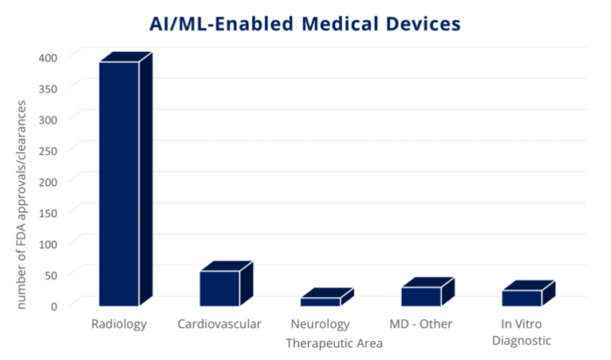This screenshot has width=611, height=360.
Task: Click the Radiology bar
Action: [x=119, y=183]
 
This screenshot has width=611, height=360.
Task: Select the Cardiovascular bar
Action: [x=219, y=288]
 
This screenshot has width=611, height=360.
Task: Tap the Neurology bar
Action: [x=320, y=302]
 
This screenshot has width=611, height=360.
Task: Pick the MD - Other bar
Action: [x=421, y=296]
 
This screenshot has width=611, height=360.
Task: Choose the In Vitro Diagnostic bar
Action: [x=522, y=298]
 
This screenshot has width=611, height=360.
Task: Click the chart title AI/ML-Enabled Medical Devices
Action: [x=305, y=24]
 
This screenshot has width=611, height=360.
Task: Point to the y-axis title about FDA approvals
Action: [x=22, y=204]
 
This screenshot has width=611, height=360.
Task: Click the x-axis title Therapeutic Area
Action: [x=335, y=343]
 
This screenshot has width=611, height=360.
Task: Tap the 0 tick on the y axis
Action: [x=54, y=305]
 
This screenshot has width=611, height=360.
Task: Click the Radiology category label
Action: [x=119, y=324]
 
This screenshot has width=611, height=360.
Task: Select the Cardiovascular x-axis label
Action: [x=219, y=324]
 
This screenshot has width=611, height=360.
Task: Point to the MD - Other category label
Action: [x=420, y=324]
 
